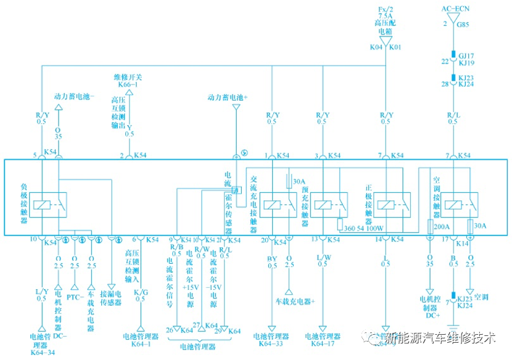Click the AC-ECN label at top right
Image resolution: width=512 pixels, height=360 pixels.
(x=455, y=9)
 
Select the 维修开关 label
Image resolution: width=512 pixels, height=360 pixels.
(x=128, y=77)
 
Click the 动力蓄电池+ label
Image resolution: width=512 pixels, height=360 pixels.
(x=228, y=97)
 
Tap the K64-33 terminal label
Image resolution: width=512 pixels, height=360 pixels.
(x=271, y=343)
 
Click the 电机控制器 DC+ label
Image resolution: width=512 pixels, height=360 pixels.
(x=429, y=307)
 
